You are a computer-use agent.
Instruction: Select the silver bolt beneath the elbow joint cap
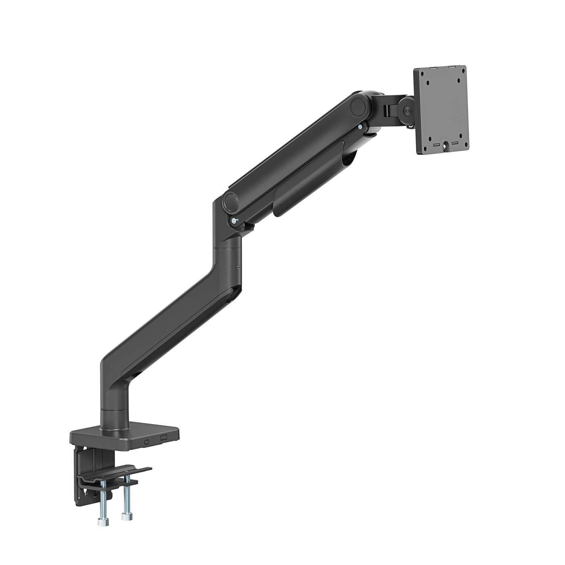coord(234,220)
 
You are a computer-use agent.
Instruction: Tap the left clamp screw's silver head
coord(101,523)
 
